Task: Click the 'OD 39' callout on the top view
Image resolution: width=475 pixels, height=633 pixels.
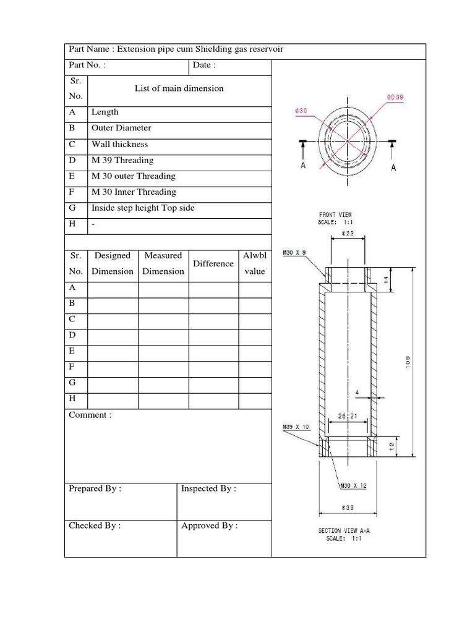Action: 395,97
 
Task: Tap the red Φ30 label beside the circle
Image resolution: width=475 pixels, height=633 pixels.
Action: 301,111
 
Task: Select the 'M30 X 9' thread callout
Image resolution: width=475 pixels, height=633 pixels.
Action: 294,253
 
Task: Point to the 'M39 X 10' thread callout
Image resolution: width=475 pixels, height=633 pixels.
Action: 295,427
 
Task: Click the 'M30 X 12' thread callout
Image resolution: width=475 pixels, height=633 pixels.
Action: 353,486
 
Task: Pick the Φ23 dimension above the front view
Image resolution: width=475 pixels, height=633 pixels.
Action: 348,234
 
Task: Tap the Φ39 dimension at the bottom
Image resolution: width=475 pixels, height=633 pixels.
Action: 348,508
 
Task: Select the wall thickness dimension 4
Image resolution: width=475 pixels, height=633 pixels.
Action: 357,393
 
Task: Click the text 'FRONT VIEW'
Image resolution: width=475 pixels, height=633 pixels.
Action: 336,215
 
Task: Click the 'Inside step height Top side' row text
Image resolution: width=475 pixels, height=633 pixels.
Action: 143,208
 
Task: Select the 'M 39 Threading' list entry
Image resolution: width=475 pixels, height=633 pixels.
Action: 122,160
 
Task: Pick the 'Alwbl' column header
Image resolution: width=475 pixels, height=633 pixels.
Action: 254,255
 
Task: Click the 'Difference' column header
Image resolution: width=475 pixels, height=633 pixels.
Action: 213,263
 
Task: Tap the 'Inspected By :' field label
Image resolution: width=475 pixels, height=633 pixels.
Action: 208,488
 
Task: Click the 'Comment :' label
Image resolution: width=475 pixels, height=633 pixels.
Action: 90,415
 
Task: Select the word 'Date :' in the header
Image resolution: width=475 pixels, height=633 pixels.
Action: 204,65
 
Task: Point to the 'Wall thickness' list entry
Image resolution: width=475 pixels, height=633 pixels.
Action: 120,144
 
